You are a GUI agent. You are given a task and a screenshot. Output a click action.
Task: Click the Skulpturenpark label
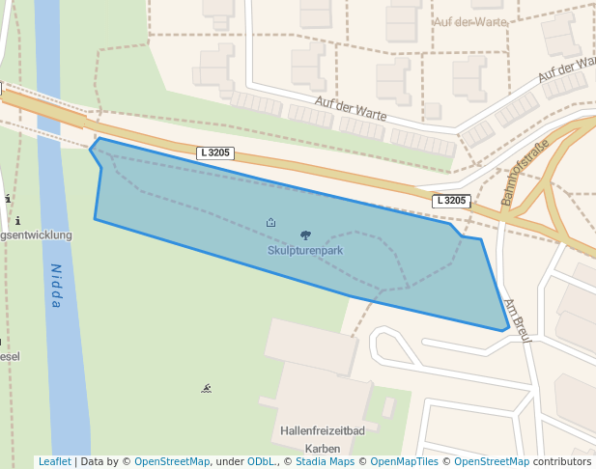click(305, 250)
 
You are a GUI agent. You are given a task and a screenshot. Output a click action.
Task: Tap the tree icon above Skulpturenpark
click(306, 234)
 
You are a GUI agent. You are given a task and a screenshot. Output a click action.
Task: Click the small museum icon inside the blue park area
click(270, 223)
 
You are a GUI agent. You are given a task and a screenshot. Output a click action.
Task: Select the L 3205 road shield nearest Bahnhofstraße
click(451, 201)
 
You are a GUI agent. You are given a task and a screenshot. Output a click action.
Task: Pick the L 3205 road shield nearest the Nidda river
click(214, 152)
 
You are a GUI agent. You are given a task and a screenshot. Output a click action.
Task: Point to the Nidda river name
click(56, 287)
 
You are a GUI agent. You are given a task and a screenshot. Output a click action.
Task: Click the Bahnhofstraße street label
click(525, 172)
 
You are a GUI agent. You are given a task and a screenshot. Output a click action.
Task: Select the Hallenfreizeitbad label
click(322, 430)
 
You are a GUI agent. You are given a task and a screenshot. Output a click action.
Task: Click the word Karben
click(322, 449)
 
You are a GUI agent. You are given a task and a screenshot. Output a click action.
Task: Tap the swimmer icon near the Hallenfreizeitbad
click(207, 389)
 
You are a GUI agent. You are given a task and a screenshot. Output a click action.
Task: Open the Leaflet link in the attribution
click(54, 462)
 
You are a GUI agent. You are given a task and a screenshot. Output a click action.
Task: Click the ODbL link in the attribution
click(262, 462)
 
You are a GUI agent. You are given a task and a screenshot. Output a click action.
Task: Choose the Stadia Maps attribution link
click(326, 462)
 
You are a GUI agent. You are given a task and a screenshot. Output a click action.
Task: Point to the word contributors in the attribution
click(562, 462)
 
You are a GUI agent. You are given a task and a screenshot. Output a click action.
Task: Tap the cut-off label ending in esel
click(10, 355)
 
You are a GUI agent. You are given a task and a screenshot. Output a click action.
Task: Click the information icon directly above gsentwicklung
click(17, 221)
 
